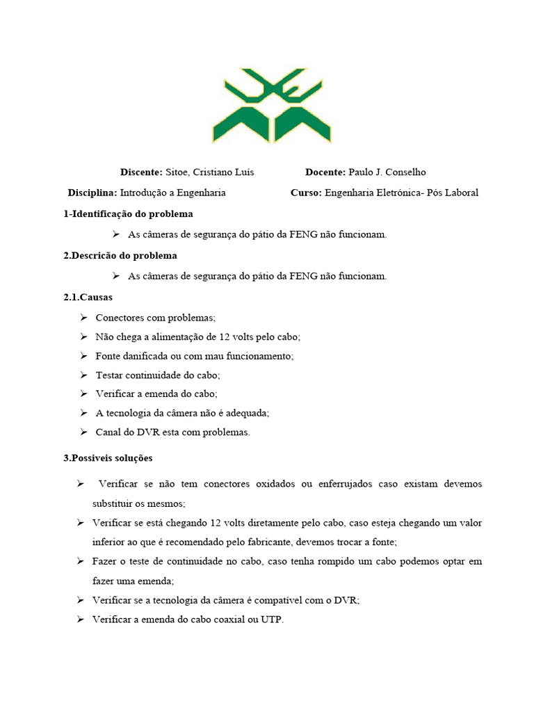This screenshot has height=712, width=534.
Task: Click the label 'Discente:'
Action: point(140,172)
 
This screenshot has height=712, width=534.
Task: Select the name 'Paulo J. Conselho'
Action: point(387,172)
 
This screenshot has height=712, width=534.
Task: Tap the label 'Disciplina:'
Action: point(92,193)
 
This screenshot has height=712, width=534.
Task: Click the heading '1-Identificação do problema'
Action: point(128,213)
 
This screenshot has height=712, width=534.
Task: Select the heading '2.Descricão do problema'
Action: point(120,255)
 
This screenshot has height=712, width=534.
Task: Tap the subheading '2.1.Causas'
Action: point(88,297)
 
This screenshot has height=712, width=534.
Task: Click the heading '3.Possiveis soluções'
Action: point(108,458)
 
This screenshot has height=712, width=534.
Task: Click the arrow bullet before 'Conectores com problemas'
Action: point(83,318)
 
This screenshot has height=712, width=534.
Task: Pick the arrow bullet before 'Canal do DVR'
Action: point(83,432)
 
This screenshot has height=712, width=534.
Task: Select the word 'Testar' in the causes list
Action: point(110,375)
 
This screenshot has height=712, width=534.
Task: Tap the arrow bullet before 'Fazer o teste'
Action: point(81,560)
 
